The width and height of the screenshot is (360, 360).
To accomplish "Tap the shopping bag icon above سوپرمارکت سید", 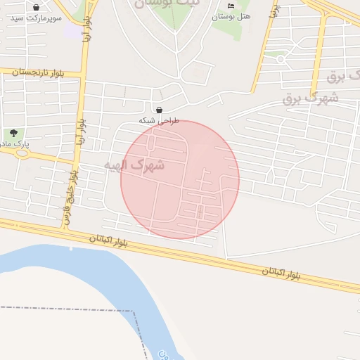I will [x=36, y=7].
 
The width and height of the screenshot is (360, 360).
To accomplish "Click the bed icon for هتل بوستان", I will [x=231, y=6].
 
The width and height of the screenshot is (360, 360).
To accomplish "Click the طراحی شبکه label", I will [x=159, y=121].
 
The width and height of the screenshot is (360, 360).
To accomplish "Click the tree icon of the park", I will [x=13, y=133].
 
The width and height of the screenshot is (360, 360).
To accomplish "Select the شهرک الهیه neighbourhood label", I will [x=134, y=166].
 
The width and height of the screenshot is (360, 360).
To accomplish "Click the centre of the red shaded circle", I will [x=180, y=179].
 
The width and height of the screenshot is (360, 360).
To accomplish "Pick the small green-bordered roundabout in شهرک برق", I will [x=280, y=59].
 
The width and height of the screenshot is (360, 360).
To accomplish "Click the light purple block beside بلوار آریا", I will [x=72, y=30].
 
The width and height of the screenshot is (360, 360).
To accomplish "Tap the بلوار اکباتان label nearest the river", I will [x=109, y=240].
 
